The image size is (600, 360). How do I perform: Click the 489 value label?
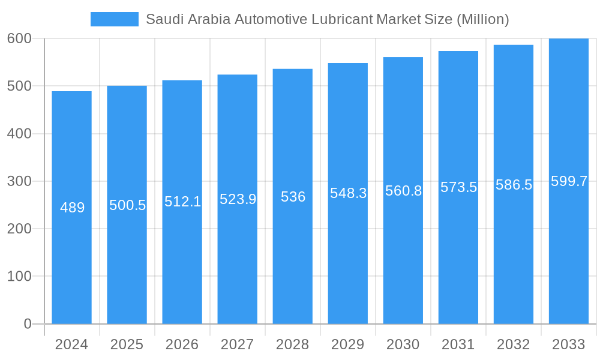click(73, 208)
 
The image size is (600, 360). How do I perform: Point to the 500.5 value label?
click(127, 205)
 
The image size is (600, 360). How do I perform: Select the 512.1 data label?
click(182, 202)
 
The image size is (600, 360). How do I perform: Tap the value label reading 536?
click(293, 197)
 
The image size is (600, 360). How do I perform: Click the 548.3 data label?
click(348, 193)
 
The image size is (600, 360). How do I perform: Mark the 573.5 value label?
click(458, 187)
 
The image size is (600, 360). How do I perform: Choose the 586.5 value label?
click(514, 185)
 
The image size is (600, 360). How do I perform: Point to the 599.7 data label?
click(569, 181)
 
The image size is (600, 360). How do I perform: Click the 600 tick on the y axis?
click(19, 38)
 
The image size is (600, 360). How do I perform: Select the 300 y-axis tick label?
click(19, 181)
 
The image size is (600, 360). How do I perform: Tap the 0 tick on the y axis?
click(28, 324)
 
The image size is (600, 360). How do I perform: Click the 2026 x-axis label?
click(182, 344)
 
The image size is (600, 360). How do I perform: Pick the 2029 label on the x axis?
click(347, 344)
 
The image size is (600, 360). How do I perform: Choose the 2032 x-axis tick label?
click(513, 344)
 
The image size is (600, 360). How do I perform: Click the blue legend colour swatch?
click(114, 19)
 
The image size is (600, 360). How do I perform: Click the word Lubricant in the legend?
click(342, 19)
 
